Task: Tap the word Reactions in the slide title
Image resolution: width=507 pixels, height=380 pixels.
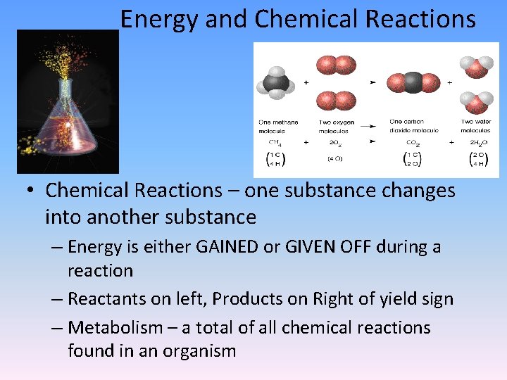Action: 431,20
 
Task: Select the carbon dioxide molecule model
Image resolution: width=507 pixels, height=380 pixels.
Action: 413,82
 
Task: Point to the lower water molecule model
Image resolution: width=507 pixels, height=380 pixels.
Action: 477,102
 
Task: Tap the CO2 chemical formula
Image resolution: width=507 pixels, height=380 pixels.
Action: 414,142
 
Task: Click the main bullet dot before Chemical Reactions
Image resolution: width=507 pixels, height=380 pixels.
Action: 33,191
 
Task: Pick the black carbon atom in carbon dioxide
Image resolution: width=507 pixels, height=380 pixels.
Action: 413,82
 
